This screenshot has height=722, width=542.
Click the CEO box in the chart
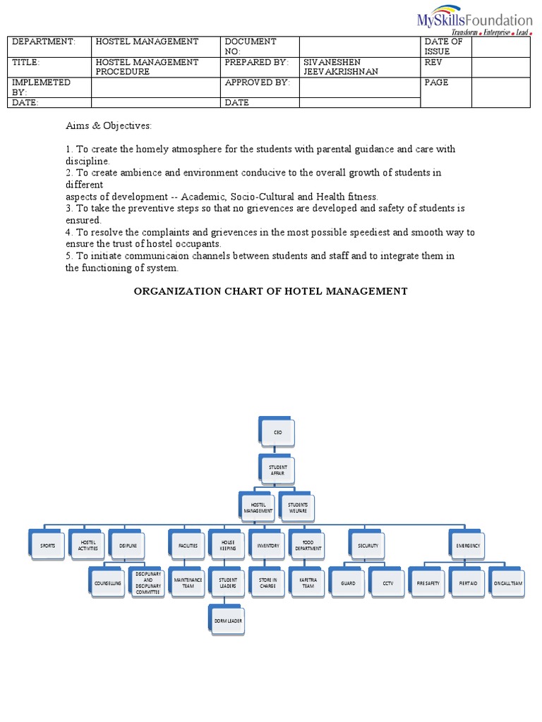[272, 432]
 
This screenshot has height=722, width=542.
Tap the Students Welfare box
[297, 507]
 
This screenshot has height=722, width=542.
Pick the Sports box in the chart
[47, 546]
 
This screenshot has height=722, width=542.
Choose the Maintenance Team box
[188, 583]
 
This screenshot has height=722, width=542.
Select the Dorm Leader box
[227, 620]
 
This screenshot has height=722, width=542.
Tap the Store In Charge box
[267, 583]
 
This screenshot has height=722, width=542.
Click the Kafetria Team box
[308, 583]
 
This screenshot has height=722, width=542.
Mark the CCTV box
[387, 583]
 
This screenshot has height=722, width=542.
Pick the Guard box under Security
[348, 583]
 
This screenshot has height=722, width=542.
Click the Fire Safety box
[428, 583]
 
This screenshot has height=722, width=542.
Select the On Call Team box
[508, 583]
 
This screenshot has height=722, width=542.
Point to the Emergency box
[468, 546]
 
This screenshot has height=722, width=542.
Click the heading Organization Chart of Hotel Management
[271, 291]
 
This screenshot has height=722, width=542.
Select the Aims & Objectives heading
[109, 126]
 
